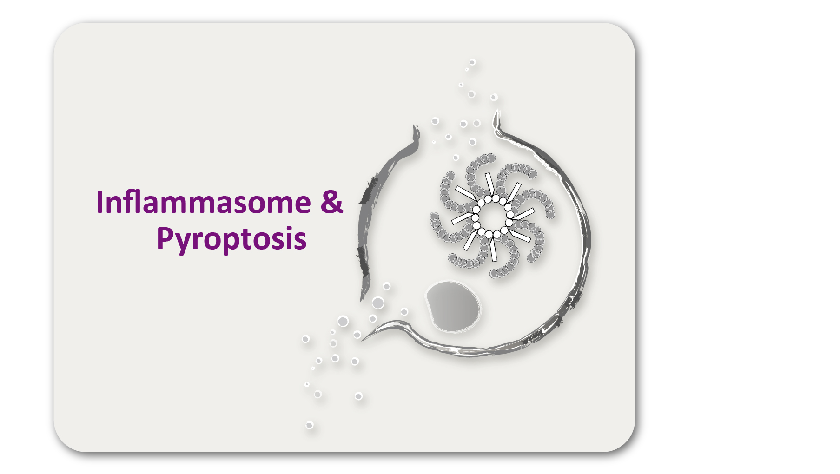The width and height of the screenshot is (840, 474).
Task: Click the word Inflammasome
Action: [x=203, y=202]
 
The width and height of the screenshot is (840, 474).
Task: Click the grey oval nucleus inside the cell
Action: [x=453, y=306]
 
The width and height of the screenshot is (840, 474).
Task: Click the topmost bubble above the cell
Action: [x=472, y=62]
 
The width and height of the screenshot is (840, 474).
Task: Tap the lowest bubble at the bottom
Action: [x=310, y=425]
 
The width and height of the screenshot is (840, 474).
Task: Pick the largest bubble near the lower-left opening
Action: [x=378, y=303]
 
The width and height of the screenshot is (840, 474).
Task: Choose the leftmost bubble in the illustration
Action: [x=305, y=339]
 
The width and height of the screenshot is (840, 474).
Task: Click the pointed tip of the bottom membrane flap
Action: [x=363, y=340]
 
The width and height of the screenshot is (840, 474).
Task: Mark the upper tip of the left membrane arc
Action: [x=414, y=125]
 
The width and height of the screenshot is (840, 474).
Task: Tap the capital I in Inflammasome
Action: [x=99, y=202]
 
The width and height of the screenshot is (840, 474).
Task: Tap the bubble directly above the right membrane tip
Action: [x=494, y=97]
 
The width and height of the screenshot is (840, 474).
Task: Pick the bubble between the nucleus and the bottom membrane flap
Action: [x=404, y=312]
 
